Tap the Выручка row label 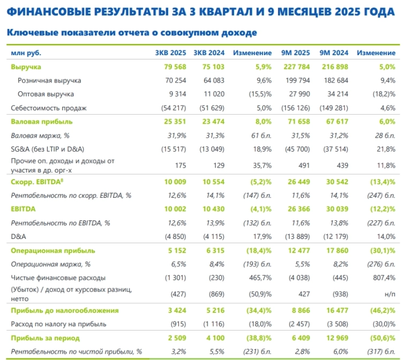coord(26,67)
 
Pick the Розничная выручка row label coord(49,80)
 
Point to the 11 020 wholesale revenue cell coord(214,94)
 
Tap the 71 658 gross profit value coord(299,122)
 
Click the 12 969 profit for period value coord(337,337)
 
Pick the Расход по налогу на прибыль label coord(59,324)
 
